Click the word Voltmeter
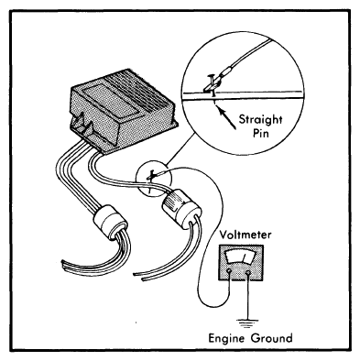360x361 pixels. pos(245,235)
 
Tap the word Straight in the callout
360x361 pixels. pos(260,119)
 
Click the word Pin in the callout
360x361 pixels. pos(261,134)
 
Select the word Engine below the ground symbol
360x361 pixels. pos(227,338)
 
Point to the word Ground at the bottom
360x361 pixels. pos(272,337)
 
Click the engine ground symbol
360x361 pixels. pos(247,323)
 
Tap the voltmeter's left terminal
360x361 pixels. pos(229,272)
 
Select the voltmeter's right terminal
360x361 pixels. pos(248,272)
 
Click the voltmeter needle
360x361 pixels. pos(244,257)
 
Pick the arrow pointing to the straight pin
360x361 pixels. pos(227,119)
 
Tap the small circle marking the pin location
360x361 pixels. pos(154,180)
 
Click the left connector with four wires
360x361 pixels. pos(110,219)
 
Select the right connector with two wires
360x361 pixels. pos(181,209)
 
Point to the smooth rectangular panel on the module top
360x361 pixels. pos(108,99)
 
